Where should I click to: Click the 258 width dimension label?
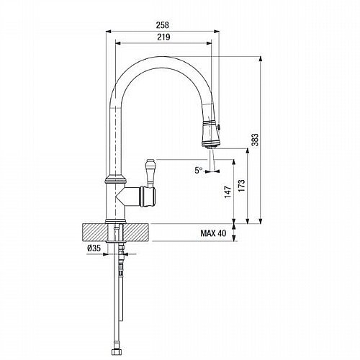[163, 24]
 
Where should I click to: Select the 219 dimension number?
[163, 37]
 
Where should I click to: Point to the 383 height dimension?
[255, 140]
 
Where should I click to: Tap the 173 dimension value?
[242, 185]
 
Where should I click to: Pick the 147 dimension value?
[228, 192]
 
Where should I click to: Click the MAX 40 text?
[213, 233]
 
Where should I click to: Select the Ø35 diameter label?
[94, 248]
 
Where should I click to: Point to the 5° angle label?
[199, 171]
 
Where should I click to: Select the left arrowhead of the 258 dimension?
[109, 31]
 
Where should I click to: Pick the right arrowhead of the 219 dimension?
[209, 43]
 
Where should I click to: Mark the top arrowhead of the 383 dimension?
[261, 59]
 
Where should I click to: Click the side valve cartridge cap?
[149, 197]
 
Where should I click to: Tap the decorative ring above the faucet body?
[116, 179]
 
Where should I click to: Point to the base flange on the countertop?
[115, 221]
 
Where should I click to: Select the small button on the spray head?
[218, 126]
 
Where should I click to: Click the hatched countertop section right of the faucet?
[136, 232]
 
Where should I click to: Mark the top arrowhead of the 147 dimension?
[234, 162]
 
